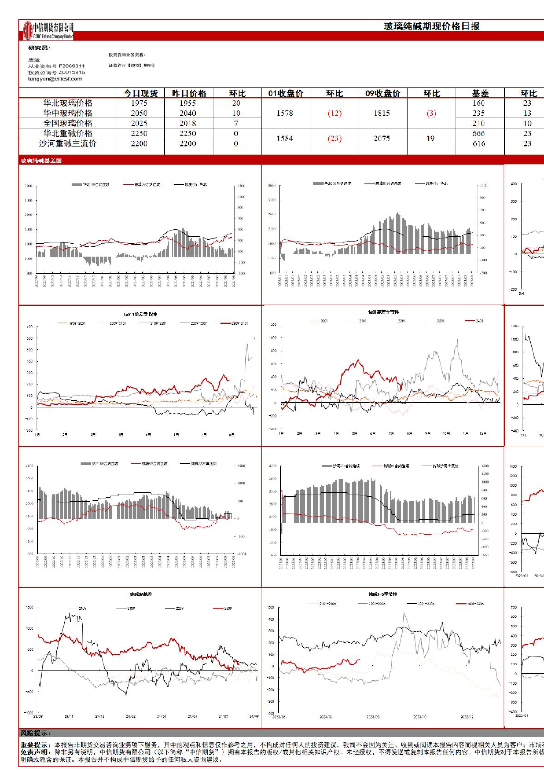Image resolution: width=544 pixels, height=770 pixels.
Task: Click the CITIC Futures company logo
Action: click(x=48, y=31)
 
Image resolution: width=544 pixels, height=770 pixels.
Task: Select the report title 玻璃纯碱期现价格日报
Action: click(x=431, y=26)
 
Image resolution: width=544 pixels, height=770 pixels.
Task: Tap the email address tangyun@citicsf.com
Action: click(x=55, y=79)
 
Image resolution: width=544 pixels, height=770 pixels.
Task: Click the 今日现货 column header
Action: click(x=140, y=93)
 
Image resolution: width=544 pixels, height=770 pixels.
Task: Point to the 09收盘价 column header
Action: click(x=382, y=93)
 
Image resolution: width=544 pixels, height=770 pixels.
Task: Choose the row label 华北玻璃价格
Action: click(x=68, y=103)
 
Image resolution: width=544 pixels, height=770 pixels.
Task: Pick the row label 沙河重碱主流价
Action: click(x=68, y=143)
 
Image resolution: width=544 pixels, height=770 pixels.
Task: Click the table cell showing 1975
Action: click(x=139, y=103)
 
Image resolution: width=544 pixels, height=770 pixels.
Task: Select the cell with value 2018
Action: click(x=188, y=123)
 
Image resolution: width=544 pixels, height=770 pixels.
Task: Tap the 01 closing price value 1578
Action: click(x=285, y=113)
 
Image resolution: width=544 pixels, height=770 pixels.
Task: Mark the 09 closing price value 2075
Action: click(x=382, y=138)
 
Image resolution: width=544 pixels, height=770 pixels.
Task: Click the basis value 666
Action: click(x=479, y=133)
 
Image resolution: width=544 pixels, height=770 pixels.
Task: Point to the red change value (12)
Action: click(x=334, y=113)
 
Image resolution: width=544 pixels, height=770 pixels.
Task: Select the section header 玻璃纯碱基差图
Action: click(x=41, y=160)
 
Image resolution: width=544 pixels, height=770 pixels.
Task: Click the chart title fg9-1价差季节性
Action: click(x=140, y=314)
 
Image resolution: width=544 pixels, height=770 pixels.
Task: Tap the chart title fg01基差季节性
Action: click(x=383, y=312)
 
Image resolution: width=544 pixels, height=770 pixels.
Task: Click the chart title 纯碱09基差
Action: click(x=141, y=594)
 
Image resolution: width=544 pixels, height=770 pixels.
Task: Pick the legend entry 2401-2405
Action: click(x=475, y=604)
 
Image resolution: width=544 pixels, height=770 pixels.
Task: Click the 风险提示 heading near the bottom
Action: click(x=36, y=733)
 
